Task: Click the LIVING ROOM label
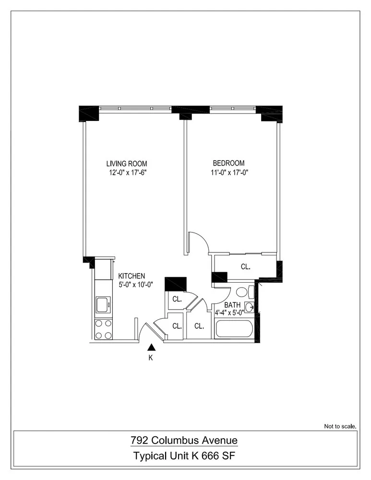coord(127,163)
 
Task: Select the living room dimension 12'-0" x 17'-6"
coord(127,172)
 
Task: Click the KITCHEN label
coord(132,276)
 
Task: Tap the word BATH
coord(233,304)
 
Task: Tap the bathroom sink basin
coord(249,307)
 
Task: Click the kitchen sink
coord(103,304)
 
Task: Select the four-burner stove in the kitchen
coord(103,329)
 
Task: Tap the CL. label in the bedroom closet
coord(245,266)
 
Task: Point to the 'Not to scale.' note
coord(340,426)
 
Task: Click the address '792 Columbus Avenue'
coord(184,440)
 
